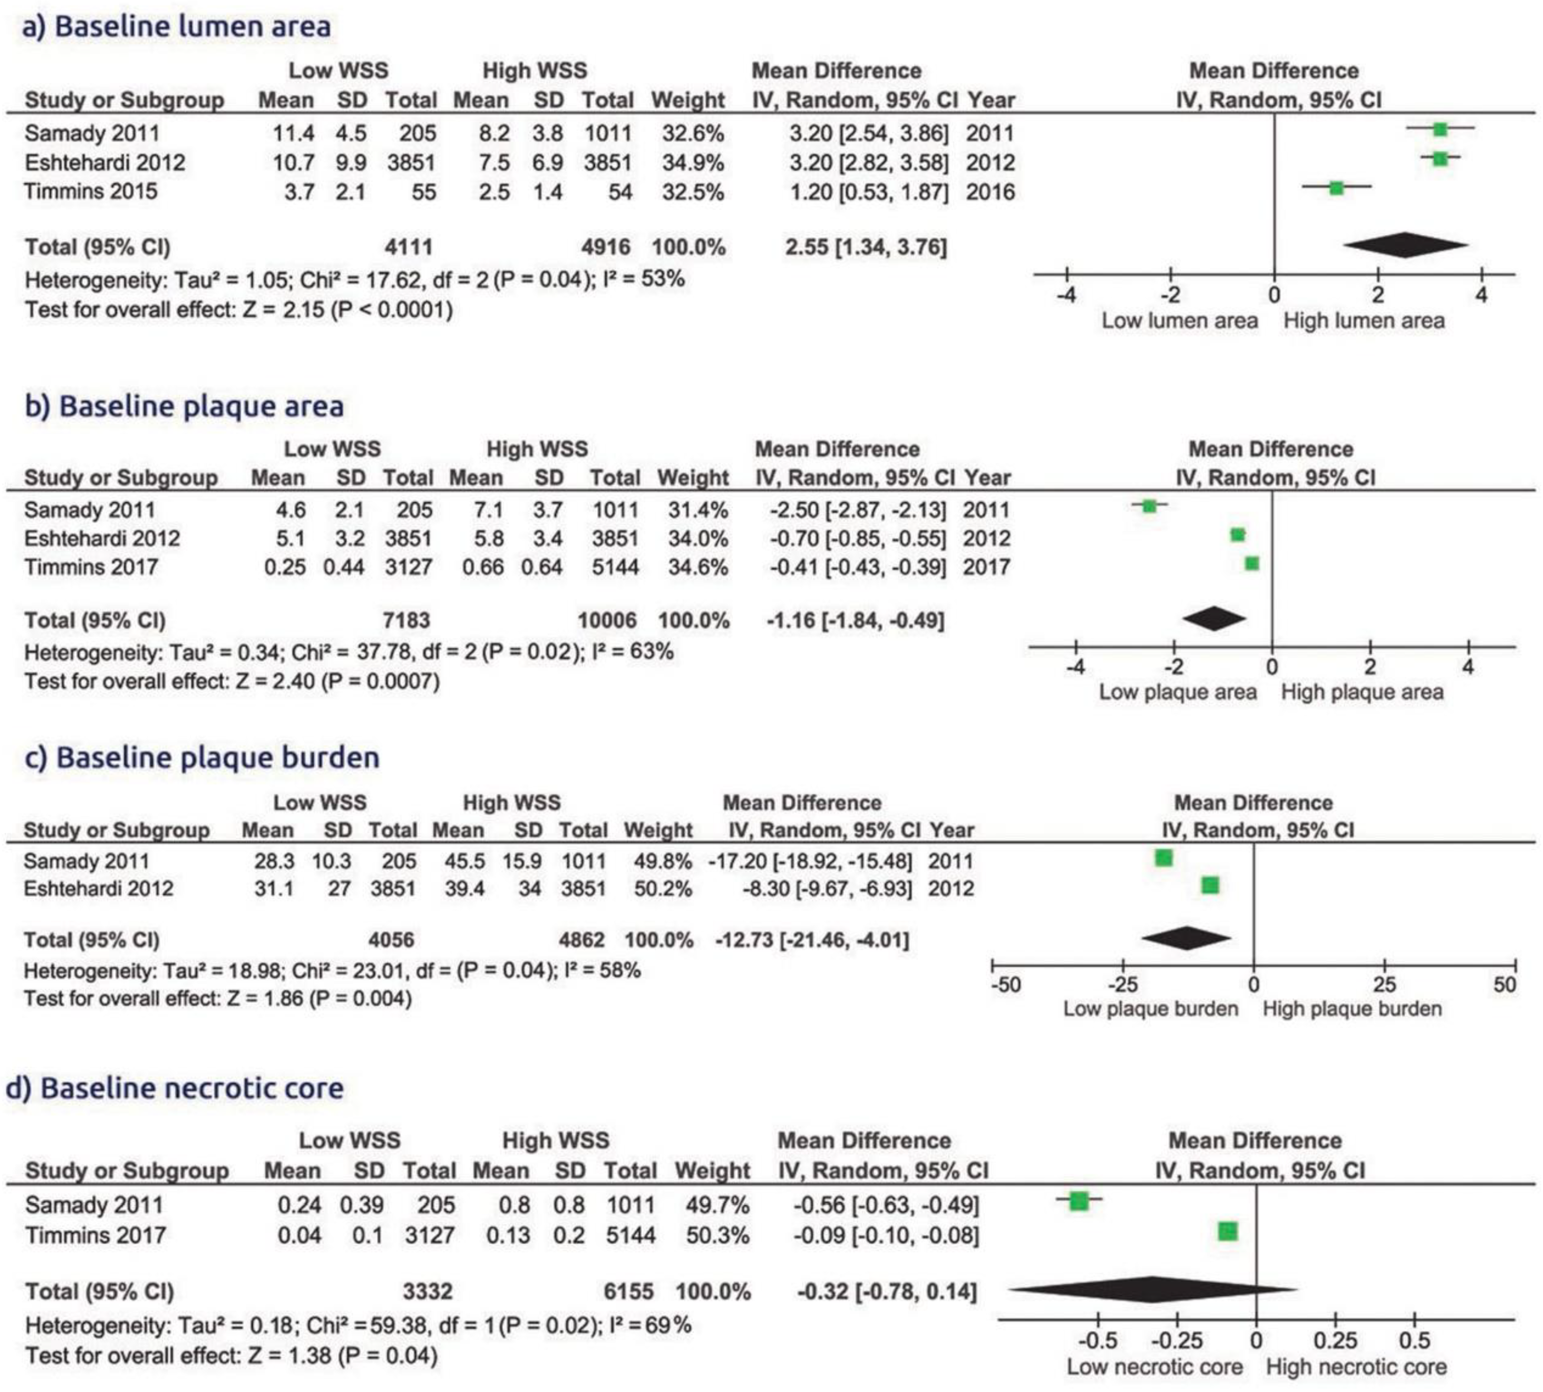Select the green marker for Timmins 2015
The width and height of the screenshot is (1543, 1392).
(1336, 187)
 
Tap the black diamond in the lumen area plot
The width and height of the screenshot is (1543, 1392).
(1406, 245)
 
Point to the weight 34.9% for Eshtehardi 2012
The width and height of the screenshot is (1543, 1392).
(692, 162)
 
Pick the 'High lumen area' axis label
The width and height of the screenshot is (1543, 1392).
(1363, 321)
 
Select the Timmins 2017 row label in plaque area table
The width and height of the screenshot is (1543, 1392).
(91, 567)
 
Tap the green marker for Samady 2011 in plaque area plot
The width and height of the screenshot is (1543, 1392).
(1149, 506)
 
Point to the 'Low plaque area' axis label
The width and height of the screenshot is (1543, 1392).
(1177, 692)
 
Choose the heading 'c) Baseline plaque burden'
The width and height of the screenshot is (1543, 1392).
(202, 757)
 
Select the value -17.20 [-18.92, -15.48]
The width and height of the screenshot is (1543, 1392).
(810, 861)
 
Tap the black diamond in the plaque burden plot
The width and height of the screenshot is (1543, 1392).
(1186, 939)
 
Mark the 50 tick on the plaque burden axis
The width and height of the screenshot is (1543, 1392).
(1504, 984)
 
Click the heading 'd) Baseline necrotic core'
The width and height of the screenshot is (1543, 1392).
(175, 1087)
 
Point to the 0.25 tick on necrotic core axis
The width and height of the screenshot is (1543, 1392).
(1335, 1341)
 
